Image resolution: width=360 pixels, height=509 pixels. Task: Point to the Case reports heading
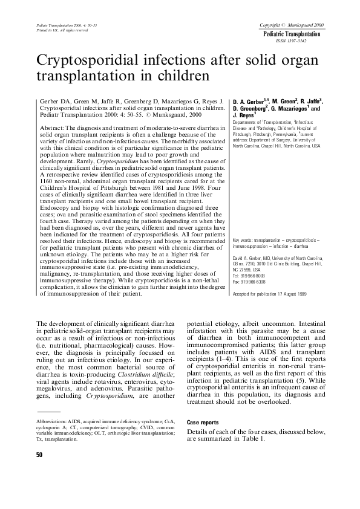click(x=203, y=423)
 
